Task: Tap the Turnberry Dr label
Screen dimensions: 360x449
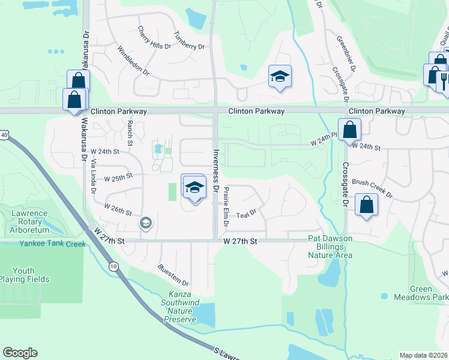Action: [x=189, y=40]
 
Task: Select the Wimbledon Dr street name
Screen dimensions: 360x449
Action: [x=133, y=61]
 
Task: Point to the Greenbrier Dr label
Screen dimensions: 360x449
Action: [x=346, y=54]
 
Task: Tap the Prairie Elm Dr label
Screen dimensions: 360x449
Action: [x=226, y=206]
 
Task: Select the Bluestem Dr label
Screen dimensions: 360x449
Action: [x=173, y=274]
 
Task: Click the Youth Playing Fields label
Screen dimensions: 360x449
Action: [x=25, y=274]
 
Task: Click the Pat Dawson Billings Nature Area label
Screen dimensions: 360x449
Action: [x=330, y=247]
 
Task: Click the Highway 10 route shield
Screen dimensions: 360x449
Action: [x=113, y=266]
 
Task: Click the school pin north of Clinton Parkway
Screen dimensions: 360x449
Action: [x=279, y=77]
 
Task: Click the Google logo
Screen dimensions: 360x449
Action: [x=20, y=352]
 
